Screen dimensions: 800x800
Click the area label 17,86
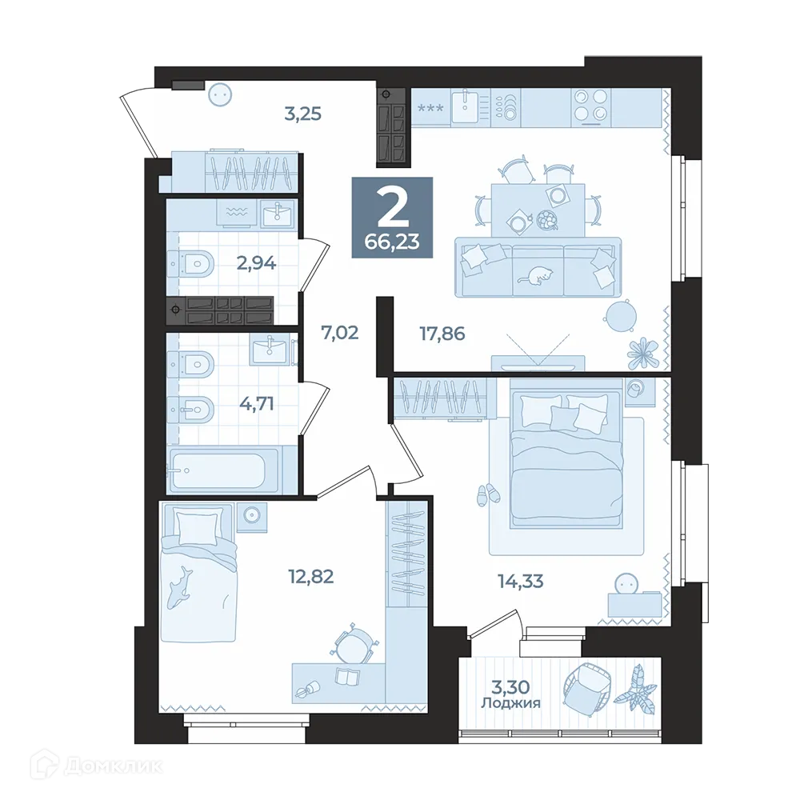pyautogui.click(x=442, y=333)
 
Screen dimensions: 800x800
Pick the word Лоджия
pyautogui.click(x=510, y=704)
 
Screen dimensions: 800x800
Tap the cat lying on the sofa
pyautogui.click(x=536, y=277)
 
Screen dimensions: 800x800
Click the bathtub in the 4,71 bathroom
pyautogui.click(x=222, y=471)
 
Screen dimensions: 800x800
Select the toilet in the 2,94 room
pyautogui.click(x=192, y=263)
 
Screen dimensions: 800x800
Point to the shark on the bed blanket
pyautogui.click(x=182, y=583)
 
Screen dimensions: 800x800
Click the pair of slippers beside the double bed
pyautogui.click(x=486, y=494)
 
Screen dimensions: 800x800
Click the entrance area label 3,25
pyautogui.click(x=303, y=114)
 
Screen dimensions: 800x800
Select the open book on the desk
pyautogui.click(x=347, y=677)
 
